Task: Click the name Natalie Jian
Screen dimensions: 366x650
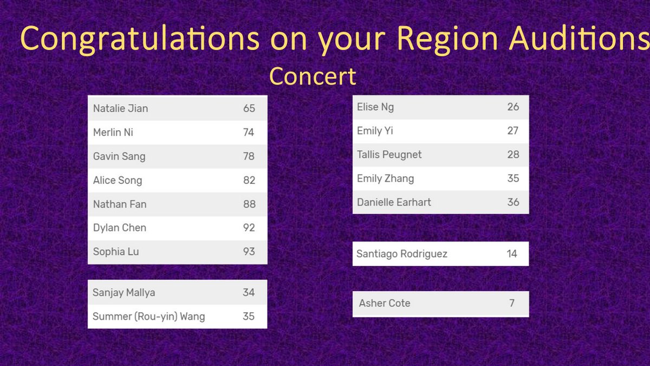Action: tap(120, 108)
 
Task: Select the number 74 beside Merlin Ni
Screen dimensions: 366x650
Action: tap(249, 132)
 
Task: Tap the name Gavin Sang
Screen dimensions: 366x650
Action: tap(119, 157)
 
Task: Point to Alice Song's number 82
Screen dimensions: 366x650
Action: tap(249, 181)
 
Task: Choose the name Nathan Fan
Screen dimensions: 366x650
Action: tap(120, 204)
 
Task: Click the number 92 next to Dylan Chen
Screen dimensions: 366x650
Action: tap(249, 228)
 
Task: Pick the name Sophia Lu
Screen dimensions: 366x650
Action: tap(116, 252)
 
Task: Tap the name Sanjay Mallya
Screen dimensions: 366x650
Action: tap(123, 293)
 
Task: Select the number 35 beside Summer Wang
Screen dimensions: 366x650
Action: tap(249, 316)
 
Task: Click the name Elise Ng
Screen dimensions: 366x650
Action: tap(375, 107)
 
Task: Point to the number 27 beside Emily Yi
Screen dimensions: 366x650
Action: tap(513, 131)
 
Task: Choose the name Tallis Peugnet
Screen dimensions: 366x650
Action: tap(389, 155)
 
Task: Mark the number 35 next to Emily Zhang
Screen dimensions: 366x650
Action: tap(513, 178)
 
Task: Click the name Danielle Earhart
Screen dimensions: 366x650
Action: tap(394, 202)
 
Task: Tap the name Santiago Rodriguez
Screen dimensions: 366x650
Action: tap(401, 254)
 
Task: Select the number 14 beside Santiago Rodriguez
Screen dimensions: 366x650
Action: tap(512, 254)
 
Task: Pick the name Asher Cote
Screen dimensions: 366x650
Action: tap(384, 303)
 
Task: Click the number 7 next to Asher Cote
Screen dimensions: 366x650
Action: tap(512, 303)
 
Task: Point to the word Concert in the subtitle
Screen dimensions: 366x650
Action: tap(313, 76)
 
